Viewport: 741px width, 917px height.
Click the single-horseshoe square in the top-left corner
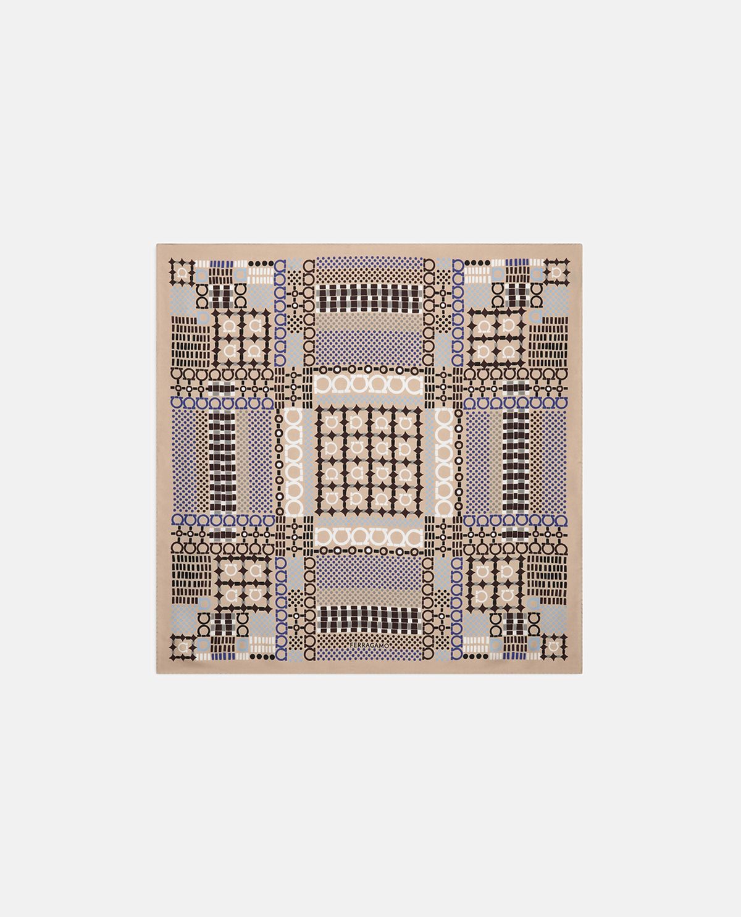click(182, 272)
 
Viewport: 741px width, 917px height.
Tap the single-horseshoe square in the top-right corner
click(557, 272)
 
